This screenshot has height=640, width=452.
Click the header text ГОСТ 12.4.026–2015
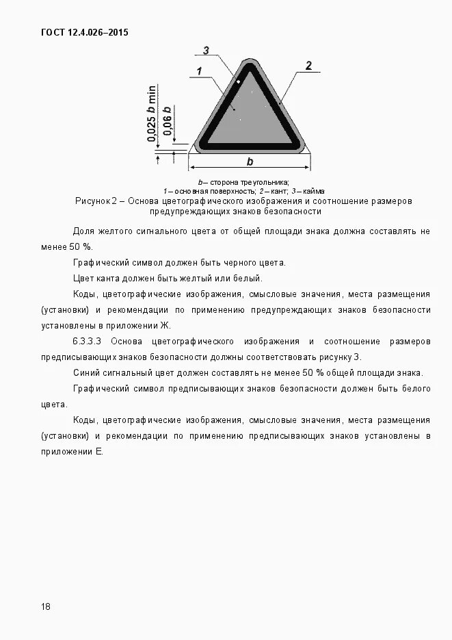pos(85,32)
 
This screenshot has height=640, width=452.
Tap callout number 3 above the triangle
pos(206,50)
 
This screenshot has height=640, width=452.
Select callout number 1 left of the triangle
pos(198,71)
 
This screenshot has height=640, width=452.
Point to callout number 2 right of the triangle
pos(308,66)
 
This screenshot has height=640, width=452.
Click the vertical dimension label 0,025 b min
pos(152,114)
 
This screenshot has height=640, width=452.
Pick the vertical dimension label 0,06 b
pos(167,124)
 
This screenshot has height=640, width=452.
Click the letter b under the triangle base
pos(250,162)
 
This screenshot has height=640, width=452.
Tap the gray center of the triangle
pos(250,116)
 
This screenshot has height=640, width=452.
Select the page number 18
pos(46,606)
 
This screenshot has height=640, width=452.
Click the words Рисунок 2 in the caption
pos(96,201)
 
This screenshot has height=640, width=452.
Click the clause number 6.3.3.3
pos(87,341)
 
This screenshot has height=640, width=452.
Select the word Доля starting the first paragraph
pos(83,231)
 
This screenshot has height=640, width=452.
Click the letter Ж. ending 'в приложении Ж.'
pos(166,325)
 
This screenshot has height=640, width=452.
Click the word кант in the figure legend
pos(278,191)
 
